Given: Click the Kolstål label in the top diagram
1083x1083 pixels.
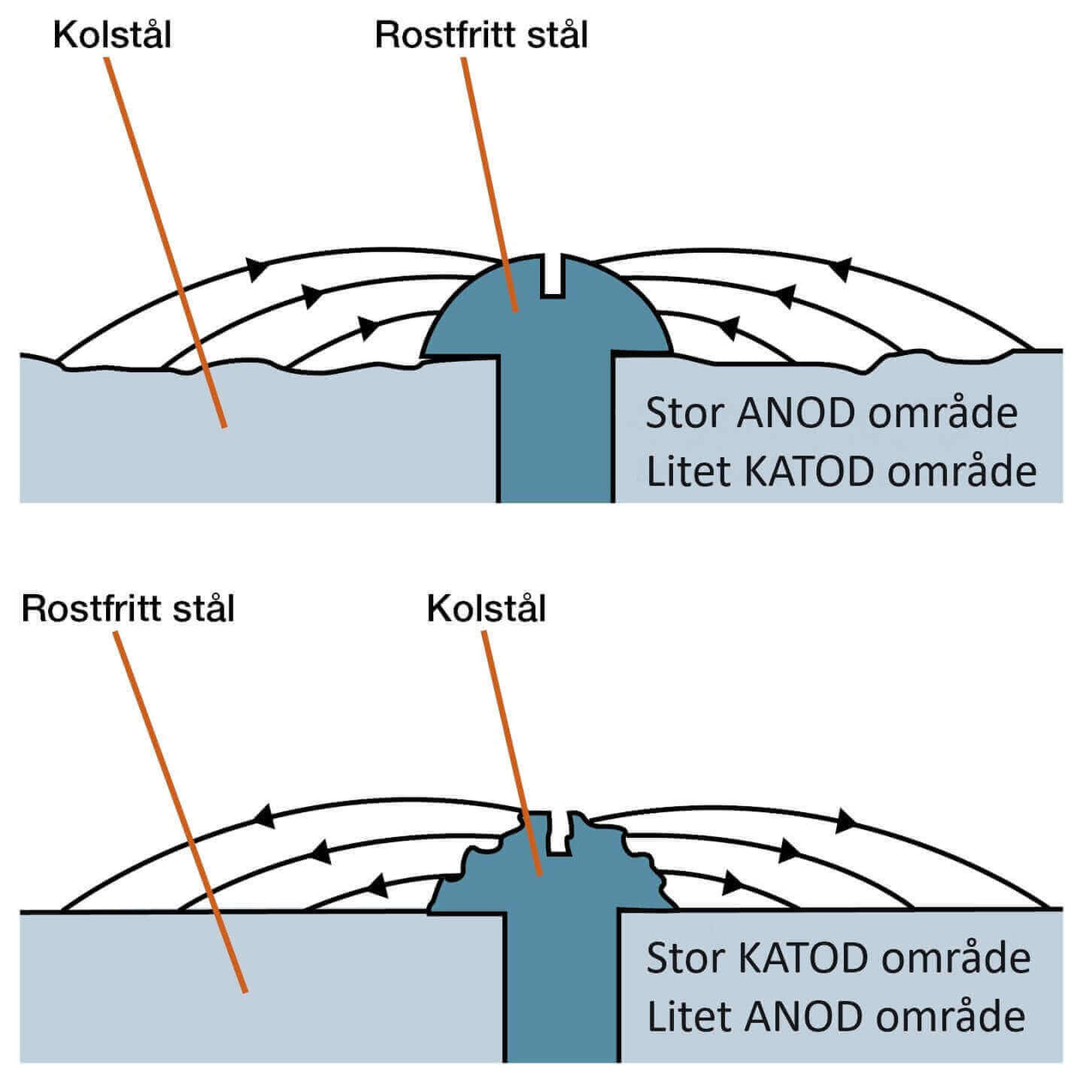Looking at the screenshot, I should tap(112, 36).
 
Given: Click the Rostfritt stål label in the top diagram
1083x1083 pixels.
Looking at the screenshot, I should tap(481, 36).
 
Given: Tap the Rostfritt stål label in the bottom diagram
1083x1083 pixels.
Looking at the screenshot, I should tap(128, 609).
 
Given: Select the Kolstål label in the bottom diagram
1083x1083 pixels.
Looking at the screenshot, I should tap(486, 609).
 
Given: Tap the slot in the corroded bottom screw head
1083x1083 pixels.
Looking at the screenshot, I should tap(561, 834).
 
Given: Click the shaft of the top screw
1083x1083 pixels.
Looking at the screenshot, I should tap(555, 433).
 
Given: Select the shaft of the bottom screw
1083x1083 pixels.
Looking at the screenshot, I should tap(562, 990).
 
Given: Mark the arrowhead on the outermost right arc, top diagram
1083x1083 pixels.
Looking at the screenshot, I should tap(840, 269).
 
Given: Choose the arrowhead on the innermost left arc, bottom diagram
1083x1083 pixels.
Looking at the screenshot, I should tap(378, 885).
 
